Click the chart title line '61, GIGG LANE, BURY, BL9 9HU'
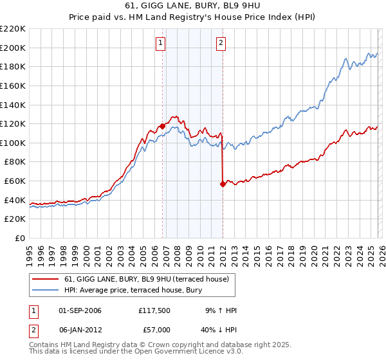(x=193, y=6)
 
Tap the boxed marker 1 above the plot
(x=160, y=43)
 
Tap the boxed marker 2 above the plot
(x=221, y=43)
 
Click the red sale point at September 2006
(x=162, y=126)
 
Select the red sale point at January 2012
(x=223, y=184)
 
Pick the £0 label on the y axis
(x=19, y=238)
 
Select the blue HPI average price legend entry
(x=133, y=290)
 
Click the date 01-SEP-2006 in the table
(x=80, y=310)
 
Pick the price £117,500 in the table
(x=154, y=310)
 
